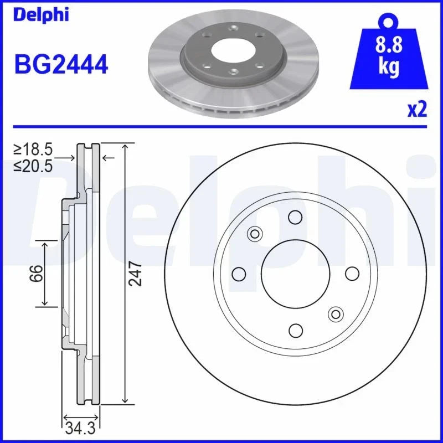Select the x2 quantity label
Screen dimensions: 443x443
417,110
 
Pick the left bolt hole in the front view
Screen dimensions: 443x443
239,274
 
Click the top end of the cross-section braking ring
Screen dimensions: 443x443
87,145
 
